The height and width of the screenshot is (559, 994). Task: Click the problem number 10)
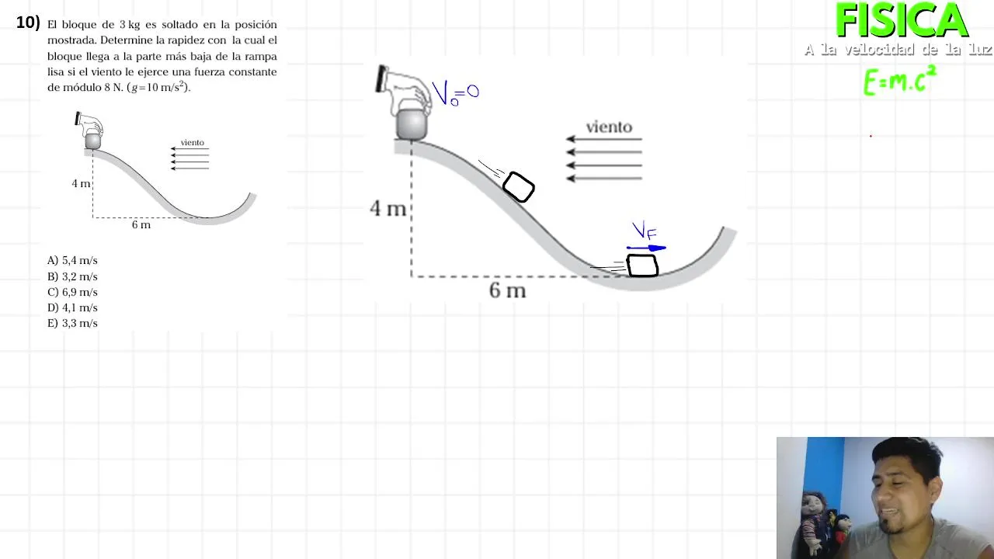[28, 23]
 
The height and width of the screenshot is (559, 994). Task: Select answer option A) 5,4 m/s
[72, 260]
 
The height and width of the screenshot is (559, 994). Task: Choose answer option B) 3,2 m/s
[72, 276]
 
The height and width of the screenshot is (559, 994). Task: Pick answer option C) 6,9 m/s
[72, 292]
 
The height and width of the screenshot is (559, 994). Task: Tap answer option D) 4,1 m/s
[72, 307]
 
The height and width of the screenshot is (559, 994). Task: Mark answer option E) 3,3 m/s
[72, 323]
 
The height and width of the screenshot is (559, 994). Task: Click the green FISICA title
[902, 20]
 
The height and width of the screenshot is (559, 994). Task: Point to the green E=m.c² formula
[899, 80]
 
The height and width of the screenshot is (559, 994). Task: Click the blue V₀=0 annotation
[455, 93]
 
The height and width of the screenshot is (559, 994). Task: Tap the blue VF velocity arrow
[647, 248]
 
